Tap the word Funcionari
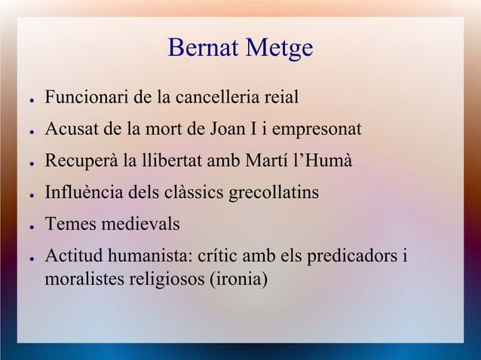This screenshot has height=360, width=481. [84, 98]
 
